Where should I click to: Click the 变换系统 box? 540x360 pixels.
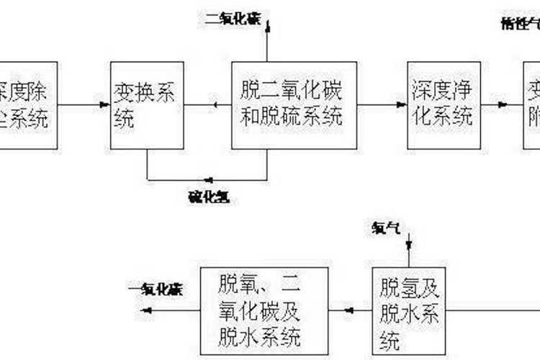(x=147, y=105)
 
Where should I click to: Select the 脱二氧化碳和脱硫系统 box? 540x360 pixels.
(x=294, y=105)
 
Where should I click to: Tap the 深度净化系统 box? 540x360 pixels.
(x=442, y=105)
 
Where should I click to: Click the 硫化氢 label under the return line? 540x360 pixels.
(x=210, y=195)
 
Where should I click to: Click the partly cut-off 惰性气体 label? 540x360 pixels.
(x=520, y=22)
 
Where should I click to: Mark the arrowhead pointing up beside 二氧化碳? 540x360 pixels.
(x=267, y=27)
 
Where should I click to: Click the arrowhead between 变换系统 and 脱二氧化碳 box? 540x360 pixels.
(x=216, y=106)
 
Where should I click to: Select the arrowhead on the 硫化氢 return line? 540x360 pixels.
(x=208, y=179)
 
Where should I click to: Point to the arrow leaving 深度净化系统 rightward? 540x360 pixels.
(x=504, y=106)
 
